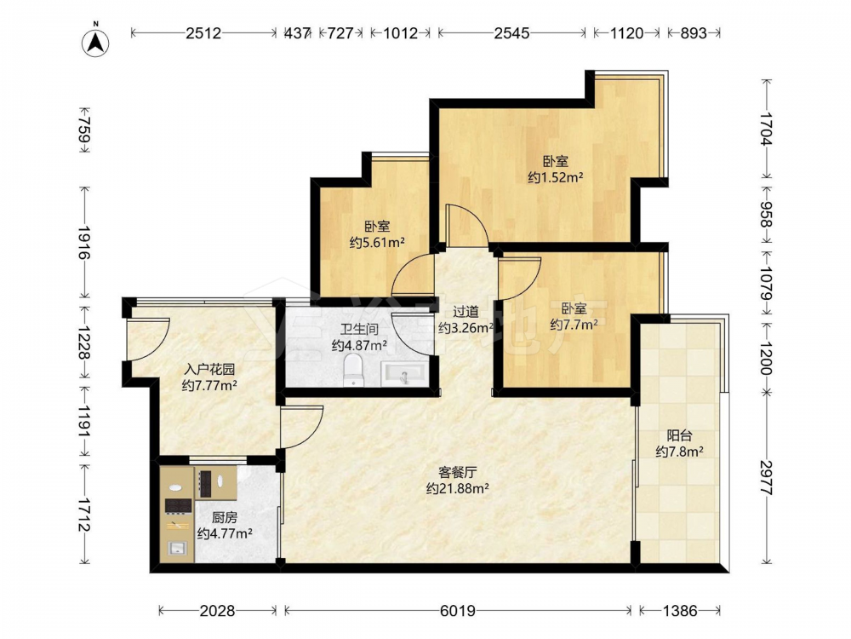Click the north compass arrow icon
click(x=95, y=41)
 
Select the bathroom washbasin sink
click(x=403, y=375)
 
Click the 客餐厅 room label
click(x=458, y=472)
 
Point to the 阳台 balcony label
click(x=679, y=435)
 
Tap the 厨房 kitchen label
click(x=224, y=517)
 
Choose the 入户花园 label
click(x=209, y=370)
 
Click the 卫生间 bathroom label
click(x=359, y=329)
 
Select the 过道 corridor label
click(x=465, y=311)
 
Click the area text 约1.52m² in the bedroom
click(x=555, y=177)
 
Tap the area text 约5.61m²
click(x=377, y=242)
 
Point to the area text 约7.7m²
click(x=574, y=325)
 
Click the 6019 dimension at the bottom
click(x=458, y=611)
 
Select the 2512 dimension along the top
click(x=203, y=33)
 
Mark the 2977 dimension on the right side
click(x=766, y=478)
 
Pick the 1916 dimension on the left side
click(x=84, y=242)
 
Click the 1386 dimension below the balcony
click(x=679, y=611)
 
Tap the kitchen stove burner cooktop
click(x=179, y=505)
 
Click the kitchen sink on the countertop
click(x=178, y=548)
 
